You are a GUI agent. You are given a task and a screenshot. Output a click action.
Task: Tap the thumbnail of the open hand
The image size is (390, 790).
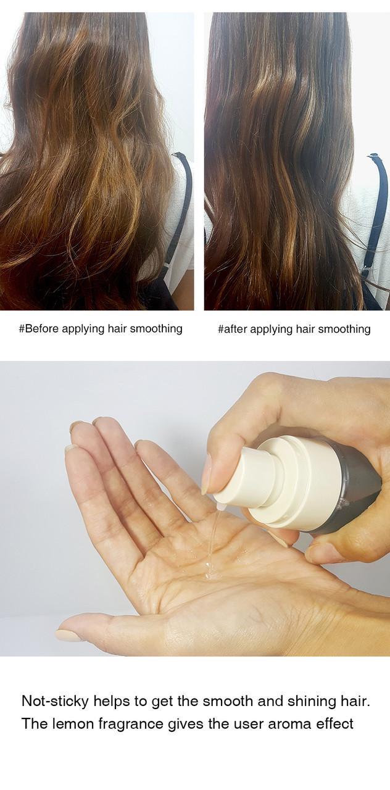pos(69,634)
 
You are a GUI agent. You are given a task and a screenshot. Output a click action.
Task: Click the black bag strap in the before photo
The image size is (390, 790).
pos(180,204)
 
